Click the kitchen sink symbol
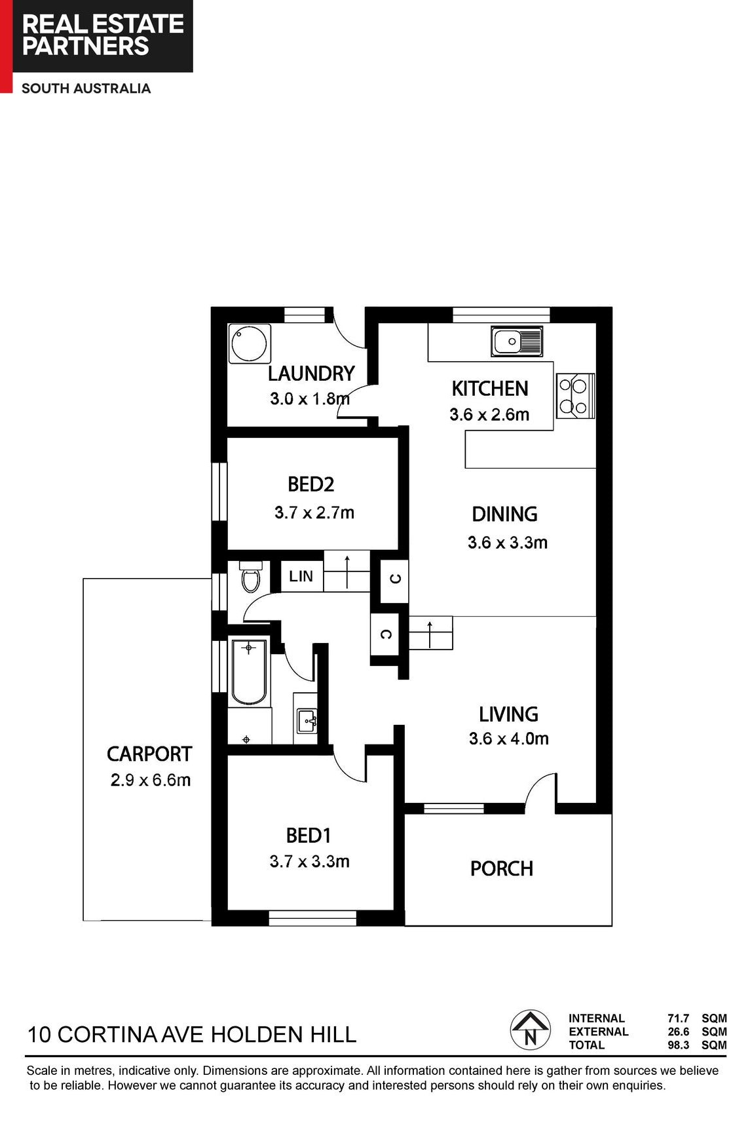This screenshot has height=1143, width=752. click(x=517, y=341)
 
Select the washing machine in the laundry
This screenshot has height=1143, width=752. click(x=249, y=343)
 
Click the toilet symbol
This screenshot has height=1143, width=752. click(x=250, y=576)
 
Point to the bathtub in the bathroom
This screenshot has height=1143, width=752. click(x=249, y=672)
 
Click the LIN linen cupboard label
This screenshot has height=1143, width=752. click(x=301, y=576)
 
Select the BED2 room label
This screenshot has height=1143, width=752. click(x=311, y=484)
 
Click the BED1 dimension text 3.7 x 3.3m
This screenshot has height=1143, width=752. click(x=310, y=861)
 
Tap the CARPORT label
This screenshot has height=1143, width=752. click(x=149, y=754)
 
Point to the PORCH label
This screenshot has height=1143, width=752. click(x=502, y=869)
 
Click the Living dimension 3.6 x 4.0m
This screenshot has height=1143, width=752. click(x=509, y=739)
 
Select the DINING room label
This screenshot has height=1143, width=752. click(x=504, y=514)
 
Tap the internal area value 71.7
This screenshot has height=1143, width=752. click(x=679, y=1018)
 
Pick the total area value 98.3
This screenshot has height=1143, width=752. click(x=679, y=1045)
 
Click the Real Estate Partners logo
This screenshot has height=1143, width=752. click(x=103, y=36)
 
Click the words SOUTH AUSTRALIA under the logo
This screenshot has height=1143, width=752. click(x=86, y=88)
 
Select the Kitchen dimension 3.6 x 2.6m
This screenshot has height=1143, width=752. click(x=489, y=415)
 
